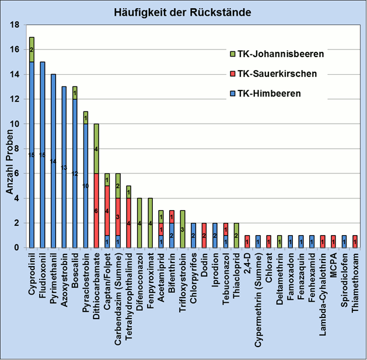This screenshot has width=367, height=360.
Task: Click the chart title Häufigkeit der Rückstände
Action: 183,12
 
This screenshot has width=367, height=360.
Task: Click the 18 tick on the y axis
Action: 15,25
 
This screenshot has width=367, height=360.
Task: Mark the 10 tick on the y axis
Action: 15,124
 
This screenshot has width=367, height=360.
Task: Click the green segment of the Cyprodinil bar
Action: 32,49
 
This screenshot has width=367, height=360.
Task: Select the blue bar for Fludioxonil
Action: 43,155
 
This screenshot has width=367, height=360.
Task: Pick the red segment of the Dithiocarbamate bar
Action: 96,210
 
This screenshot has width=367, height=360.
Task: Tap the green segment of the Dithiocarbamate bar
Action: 96,148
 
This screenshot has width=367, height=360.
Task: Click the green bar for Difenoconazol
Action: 139,222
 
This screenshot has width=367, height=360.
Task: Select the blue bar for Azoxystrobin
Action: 64,167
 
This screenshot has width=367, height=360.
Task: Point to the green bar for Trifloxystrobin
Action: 183,229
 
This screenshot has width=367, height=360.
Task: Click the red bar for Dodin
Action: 204,235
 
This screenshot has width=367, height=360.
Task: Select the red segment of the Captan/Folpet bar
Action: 107,210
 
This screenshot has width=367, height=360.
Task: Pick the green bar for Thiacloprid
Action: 236,235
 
